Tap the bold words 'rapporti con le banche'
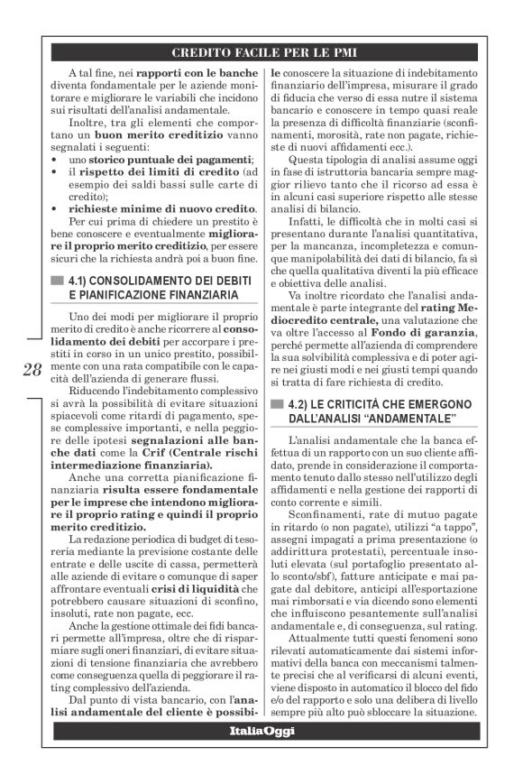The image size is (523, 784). [164, 71]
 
